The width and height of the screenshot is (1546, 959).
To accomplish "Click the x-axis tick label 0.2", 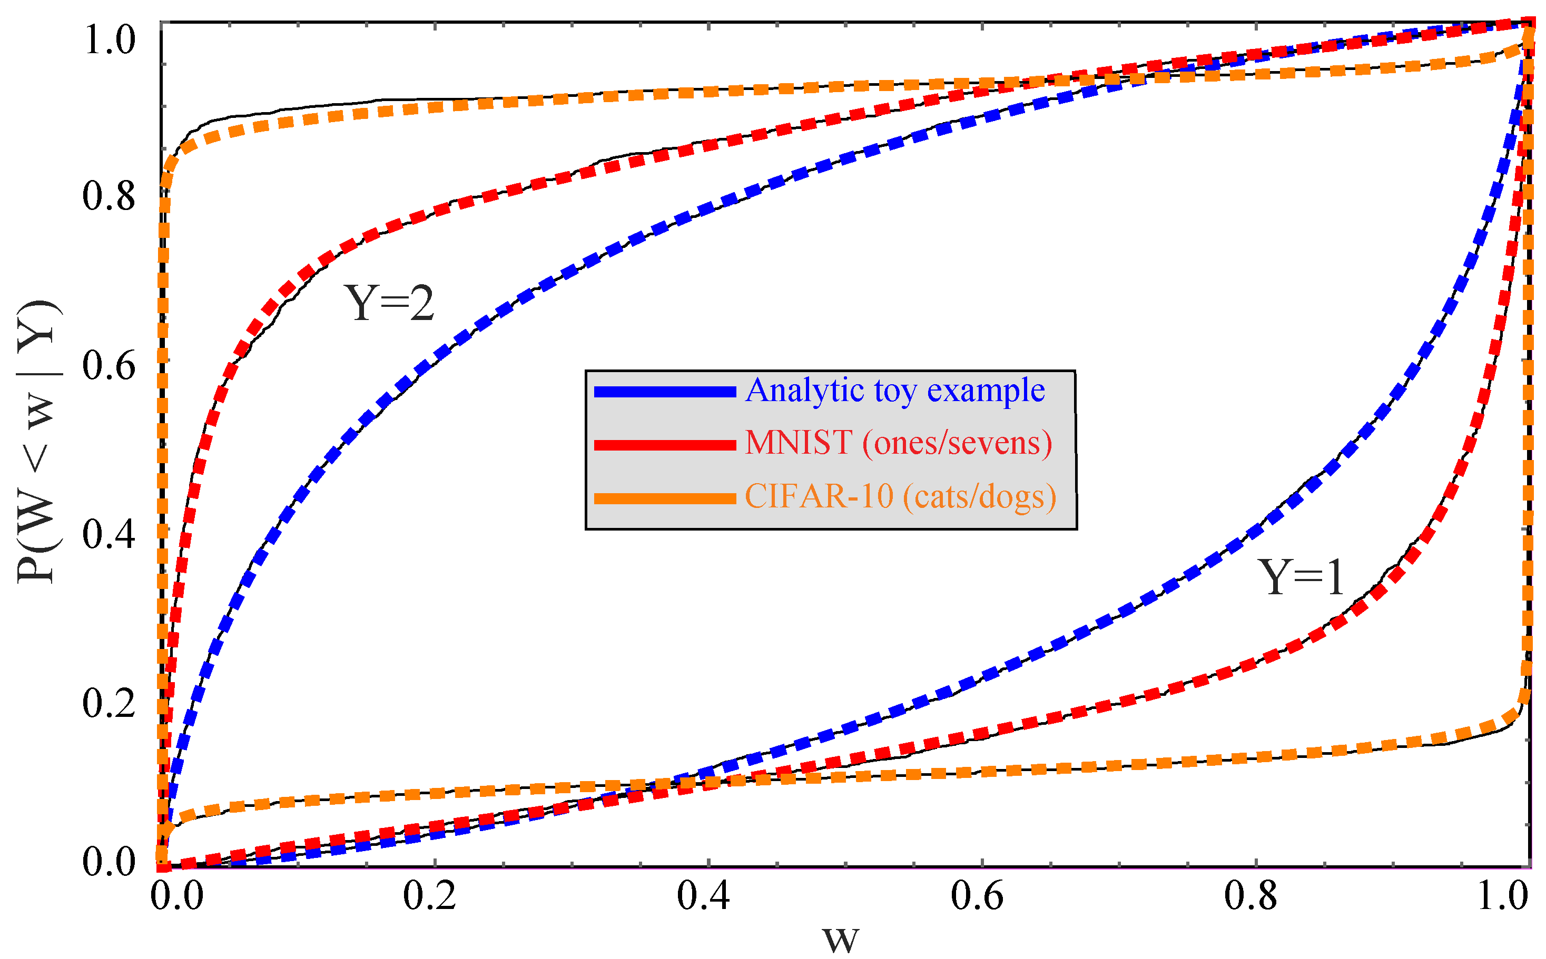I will pyautogui.click(x=430, y=896).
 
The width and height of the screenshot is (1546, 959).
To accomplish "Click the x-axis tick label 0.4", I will pyautogui.click(x=703, y=896).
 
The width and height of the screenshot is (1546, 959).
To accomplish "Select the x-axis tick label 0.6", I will pyautogui.click(x=977, y=896).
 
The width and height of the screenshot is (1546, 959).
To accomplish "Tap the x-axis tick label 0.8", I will pyautogui.click(x=1250, y=896).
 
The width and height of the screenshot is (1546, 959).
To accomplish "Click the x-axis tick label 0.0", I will pyautogui.click(x=177, y=896).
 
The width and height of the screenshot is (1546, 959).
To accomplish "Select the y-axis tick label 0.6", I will pyautogui.click(x=109, y=366).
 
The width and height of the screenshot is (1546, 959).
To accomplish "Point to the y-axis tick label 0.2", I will pyautogui.click(x=109, y=703).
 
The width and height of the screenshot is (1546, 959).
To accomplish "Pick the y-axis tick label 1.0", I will pyautogui.click(x=109, y=39).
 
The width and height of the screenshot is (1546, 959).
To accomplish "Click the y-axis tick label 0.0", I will pyautogui.click(x=109, y=861).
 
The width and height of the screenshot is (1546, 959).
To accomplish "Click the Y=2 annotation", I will pyautogui.click(x=389, y=303).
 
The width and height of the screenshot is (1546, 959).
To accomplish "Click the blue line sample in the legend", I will pyautogui.click(x=664, y=393).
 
